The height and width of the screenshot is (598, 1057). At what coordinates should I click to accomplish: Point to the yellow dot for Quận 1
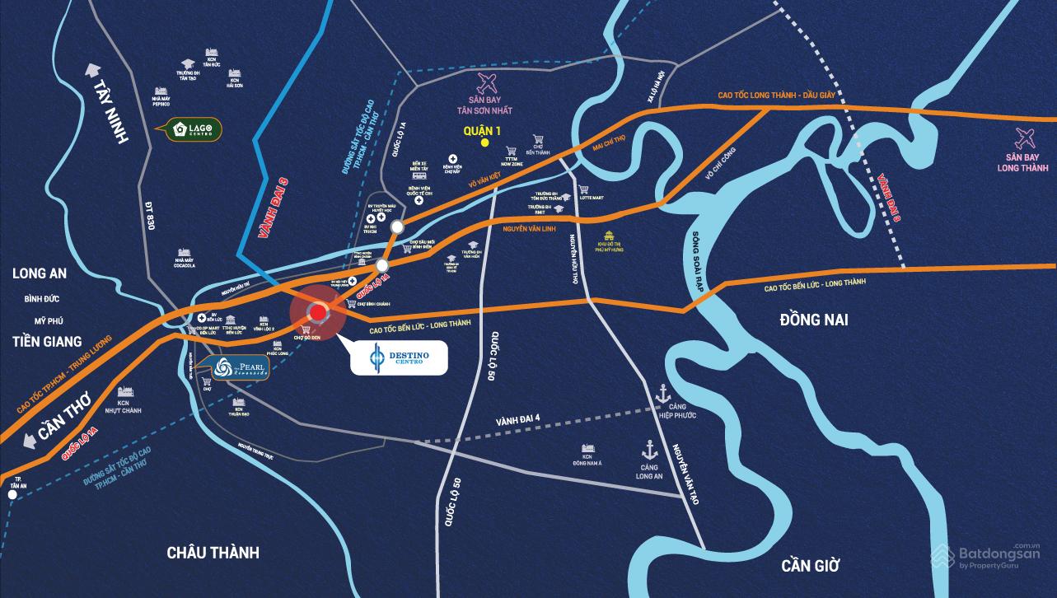(x=485, y=142)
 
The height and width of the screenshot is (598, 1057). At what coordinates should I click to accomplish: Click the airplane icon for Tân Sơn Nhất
(x=488, y=82)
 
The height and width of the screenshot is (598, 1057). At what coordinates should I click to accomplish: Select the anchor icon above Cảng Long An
(x=648, y=450)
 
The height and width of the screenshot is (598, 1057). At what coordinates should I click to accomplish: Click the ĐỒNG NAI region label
(x=814, y=320)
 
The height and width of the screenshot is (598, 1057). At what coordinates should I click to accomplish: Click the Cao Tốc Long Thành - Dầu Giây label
(x=788, y=96)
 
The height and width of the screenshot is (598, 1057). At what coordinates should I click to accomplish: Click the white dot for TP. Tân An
(x=12, y=496)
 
